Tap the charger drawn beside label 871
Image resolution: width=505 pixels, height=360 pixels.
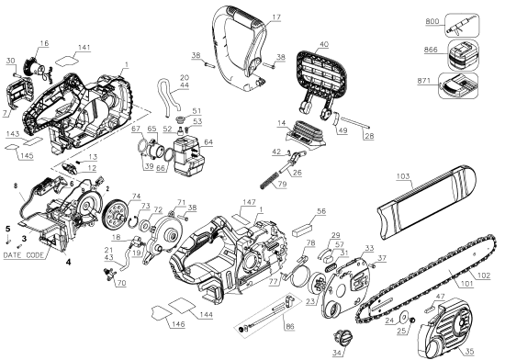pos(454,86)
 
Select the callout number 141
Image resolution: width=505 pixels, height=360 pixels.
pos(84,47)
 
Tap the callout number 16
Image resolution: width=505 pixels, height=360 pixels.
pos(44,43)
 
